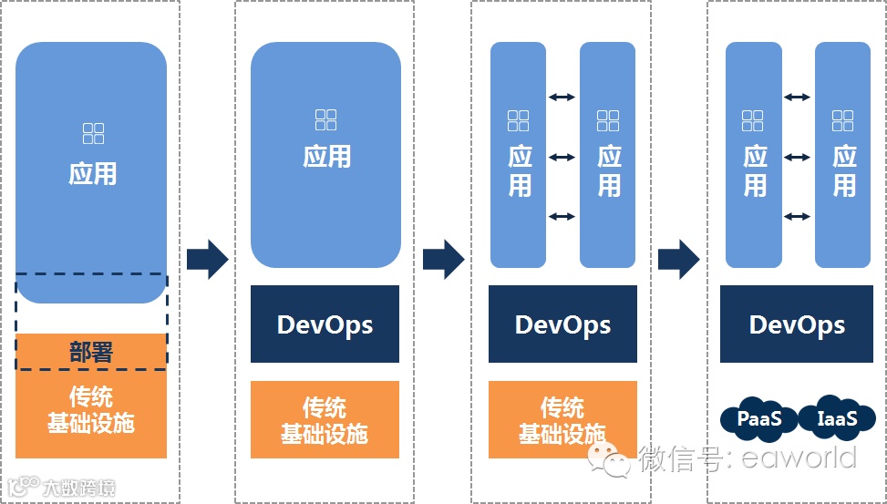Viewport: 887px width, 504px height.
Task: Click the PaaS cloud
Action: (x=758, y=419)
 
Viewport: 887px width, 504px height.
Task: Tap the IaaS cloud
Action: (x=836, y=418)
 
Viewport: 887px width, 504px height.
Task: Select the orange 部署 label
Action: (x=91, y=352)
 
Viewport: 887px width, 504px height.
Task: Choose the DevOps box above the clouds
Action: (x=797, y=324)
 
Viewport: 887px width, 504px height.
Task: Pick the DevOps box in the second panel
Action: (x=325, y=324)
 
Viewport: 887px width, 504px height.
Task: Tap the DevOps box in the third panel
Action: (x=562, y=324)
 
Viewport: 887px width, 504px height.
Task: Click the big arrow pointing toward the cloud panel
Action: (x=678, y=260)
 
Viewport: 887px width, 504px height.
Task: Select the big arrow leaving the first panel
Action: (x=207, y=260)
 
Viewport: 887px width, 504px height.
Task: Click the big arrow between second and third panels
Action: (x=443, y=260)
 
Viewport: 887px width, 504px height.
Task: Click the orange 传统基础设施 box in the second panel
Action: (x=325, y=419)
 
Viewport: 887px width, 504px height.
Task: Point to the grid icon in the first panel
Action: (x=93, y=134)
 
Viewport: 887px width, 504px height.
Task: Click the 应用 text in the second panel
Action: (x=326, y=156)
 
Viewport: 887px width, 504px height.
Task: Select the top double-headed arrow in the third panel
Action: (x=562, y=97)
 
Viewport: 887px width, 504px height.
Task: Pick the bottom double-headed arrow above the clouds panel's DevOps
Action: (x=798, y=216)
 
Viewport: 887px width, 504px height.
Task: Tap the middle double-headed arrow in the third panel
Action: (x=562, y=157)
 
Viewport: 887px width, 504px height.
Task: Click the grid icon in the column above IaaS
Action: (x=843, y=120)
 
